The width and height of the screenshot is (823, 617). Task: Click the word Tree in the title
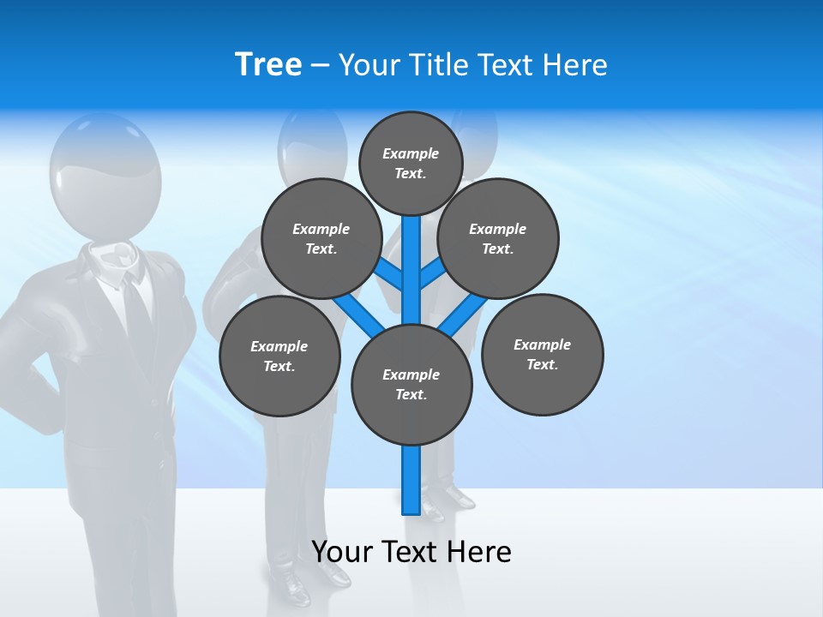(x=268, y=64)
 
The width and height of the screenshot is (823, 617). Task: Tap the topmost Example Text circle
(x=411, y=163)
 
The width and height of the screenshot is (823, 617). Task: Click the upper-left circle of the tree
(x=321, y=238)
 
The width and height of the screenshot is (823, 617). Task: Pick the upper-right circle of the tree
(x=498, y=238)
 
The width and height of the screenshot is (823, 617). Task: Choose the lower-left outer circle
(x=279, y=356)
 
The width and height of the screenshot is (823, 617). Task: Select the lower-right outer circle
(x=542, y=354)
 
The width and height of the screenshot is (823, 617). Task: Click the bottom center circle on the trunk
(x=411, y=384)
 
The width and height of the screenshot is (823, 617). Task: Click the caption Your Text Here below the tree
(x=411, y=551)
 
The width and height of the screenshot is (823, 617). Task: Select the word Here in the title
(x=577, y=64)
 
